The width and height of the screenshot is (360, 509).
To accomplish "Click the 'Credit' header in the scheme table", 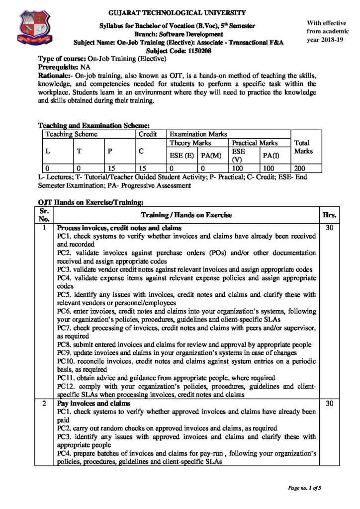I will [x=148, y=134].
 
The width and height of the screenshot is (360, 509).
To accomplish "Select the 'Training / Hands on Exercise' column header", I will [x=186, y=215].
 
